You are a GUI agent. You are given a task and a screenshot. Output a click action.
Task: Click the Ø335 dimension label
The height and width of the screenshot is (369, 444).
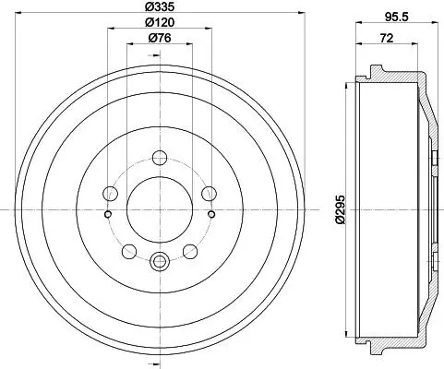coord(160,6)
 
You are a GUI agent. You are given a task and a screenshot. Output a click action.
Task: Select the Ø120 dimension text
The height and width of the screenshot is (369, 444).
coord(160,22)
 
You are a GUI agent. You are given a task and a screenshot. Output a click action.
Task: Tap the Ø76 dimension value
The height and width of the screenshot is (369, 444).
coord(160,38)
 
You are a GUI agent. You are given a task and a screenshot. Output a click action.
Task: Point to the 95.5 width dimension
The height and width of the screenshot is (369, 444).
coord(397,18)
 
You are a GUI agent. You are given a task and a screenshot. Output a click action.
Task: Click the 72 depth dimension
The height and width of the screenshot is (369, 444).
coord(387,39)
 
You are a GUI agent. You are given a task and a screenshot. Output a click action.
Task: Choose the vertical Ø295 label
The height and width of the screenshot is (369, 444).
coord(341,209)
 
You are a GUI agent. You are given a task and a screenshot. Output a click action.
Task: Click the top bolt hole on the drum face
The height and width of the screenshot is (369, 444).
coord(160,158)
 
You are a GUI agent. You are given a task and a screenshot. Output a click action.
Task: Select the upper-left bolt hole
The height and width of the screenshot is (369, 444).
coord(110,194)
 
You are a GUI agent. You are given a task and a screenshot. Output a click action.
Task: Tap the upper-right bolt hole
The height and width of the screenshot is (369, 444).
coord(209,194)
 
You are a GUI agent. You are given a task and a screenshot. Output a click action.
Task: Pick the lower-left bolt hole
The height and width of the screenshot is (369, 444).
coord(129,251)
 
